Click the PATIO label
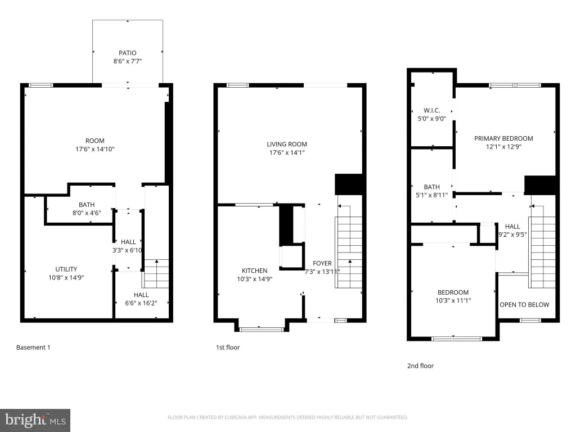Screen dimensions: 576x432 (x=128, y=53)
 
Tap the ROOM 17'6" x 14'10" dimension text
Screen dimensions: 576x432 (x=94, y=149)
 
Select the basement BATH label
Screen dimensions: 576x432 (x=87, y=205)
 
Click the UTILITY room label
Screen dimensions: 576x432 (x=66, y=269)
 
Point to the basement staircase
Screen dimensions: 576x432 (x=156, y=274)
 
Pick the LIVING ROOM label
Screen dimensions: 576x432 (x=287, y=145)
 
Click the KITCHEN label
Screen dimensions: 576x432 (x=255, y=271)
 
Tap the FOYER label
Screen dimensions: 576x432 (x=322, y=263)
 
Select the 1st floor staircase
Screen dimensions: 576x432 (x=349, y=252)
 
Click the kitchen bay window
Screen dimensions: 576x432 (x=261, y=329)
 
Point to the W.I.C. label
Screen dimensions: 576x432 (x=431, y=110)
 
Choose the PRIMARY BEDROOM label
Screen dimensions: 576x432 (x=503, y=138)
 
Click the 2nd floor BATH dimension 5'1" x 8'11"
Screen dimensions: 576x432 (x=431, y=195)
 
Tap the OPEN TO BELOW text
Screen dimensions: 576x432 (x=524, y=304)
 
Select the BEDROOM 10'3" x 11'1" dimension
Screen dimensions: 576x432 (x=453, y=300)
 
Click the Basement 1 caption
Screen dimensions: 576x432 (x=33, y=348)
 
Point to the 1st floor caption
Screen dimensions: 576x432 (x=228, y=348)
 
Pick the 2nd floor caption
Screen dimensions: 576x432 (x=420, y=366)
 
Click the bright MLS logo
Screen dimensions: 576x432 (x=35, y=420)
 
